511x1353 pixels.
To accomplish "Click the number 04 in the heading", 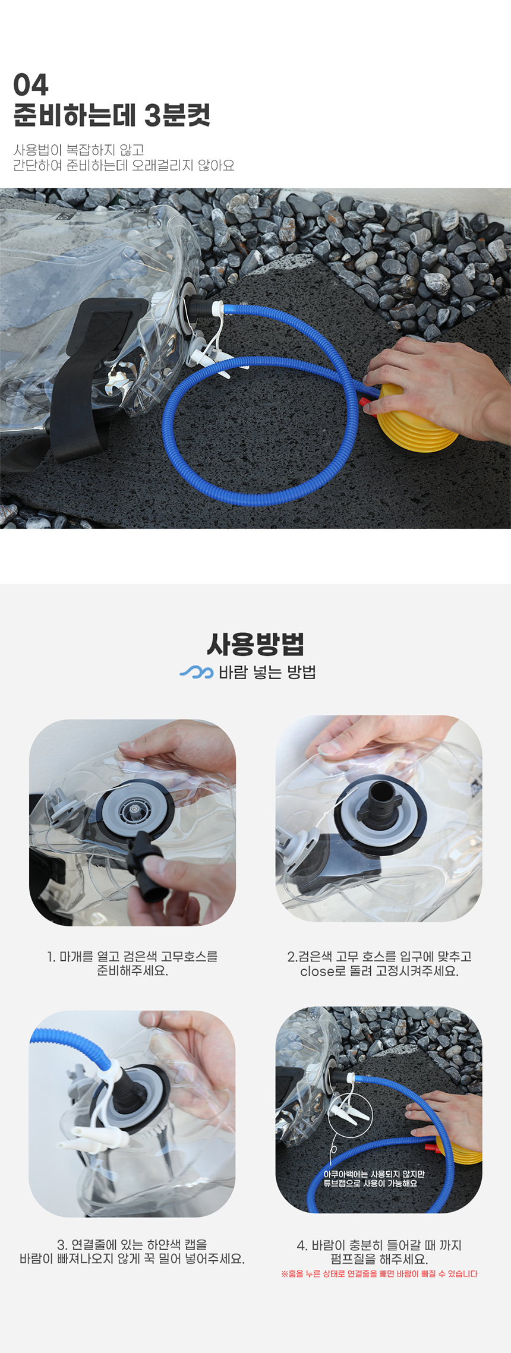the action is (x=30, y=85).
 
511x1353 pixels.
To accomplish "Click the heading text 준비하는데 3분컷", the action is (x=112, y=115).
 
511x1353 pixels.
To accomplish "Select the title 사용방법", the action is (x=255, y=644).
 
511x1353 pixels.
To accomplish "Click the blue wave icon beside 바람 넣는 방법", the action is (x=197, y=672).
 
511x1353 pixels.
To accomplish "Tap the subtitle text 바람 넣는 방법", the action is (x=267, y=672).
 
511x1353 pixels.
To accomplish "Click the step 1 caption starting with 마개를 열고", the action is (x=133, y=964).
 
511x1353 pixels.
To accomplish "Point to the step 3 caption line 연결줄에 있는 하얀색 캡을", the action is (x=132, y=1244).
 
